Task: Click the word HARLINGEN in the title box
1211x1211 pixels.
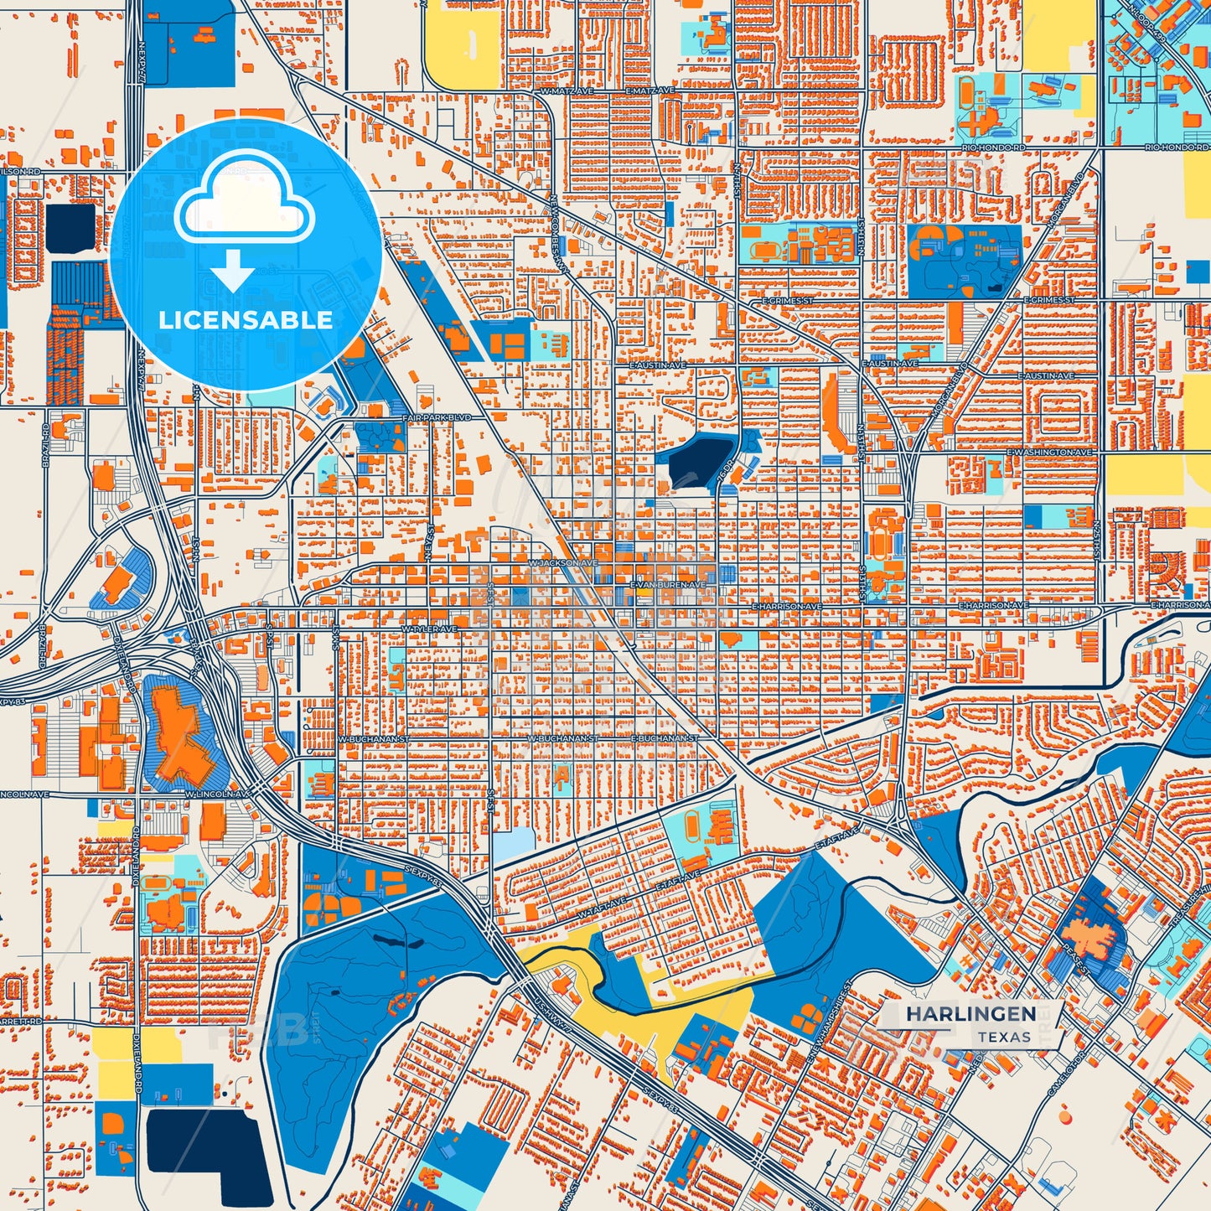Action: click(x=970, y=1014)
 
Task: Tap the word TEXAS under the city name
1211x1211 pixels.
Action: click(x=1003, y=1037)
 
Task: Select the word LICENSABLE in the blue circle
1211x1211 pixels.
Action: click(x=246, y=319)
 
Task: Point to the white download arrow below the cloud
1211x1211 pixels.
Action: click(x=233, y=271)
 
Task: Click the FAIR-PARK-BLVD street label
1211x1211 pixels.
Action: click(x=437, y=417)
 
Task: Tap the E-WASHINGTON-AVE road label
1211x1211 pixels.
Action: click(x=1050, y=453)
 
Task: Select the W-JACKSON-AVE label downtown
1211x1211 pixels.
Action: click(x=564, y=563)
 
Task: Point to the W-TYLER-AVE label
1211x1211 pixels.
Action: click(x=429, y=629)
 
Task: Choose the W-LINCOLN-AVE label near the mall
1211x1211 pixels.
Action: click(x=219, y=793)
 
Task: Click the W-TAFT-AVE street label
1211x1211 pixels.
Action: click(x=601, y=902)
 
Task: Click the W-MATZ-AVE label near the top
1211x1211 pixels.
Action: click(x=562, y=91)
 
